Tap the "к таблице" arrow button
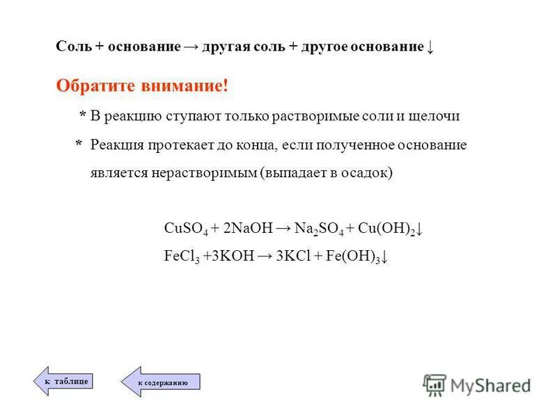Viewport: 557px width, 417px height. click(64, 381)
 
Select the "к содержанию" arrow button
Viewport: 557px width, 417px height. click(161, 382)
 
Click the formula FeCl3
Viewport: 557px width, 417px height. click(181, 255)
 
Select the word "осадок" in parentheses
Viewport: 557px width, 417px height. click(369, 173)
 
